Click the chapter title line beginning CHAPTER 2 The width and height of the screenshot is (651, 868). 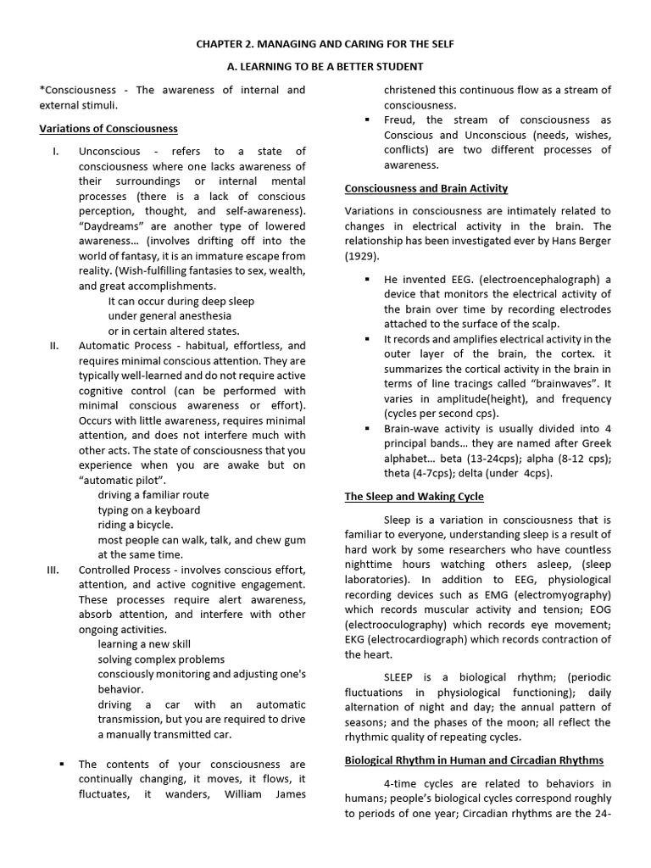click(325, 43)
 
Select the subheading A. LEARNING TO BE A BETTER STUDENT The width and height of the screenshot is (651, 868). click(325, 67)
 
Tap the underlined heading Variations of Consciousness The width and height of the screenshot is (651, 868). click(108, 129)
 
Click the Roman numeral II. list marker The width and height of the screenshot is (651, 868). click(54, 346)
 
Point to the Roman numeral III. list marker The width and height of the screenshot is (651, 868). click(53, 570)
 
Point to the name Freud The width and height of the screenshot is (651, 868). click(401, 120)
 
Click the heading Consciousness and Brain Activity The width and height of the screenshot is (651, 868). click(426, 188)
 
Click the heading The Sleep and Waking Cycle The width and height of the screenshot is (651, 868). click(415, 496)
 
